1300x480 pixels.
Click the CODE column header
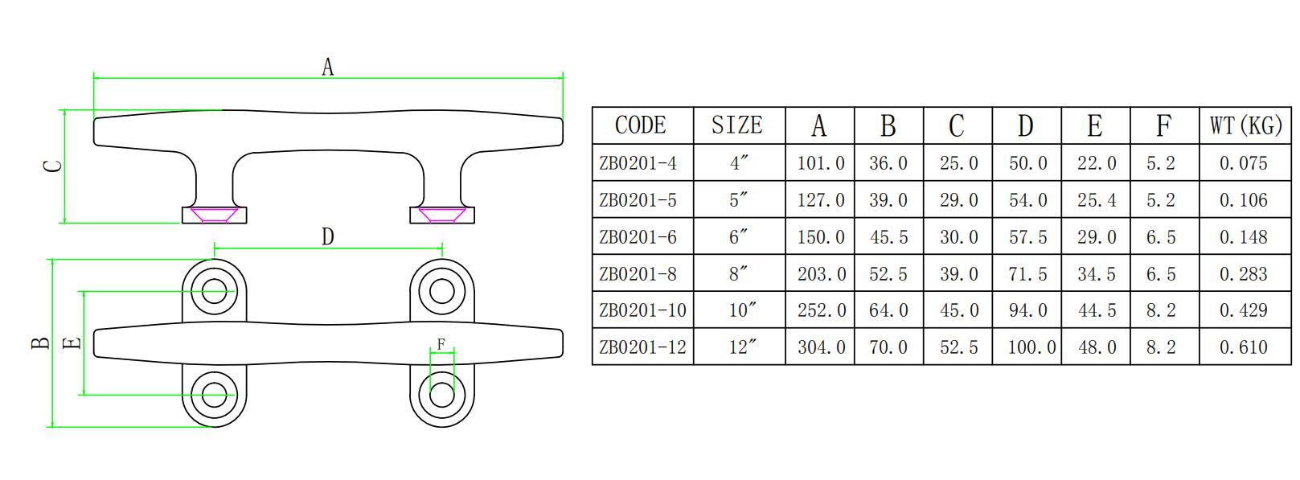click(x=641, y=125)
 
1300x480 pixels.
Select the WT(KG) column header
click(x=1245, y=125)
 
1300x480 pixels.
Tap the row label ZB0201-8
click(x=638, y=273)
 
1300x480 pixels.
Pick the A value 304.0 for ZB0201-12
click(x=821, y=347)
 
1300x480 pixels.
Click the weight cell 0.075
click(x=1243, y=163)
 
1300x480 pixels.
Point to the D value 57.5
click(x=1027, y=237)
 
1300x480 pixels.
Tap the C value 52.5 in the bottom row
click(x=958, y=347)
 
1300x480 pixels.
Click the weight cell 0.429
click(x=1243, y=310)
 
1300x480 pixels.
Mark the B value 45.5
click(x=888, y=237)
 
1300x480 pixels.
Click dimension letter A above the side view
click(x=327, y=67)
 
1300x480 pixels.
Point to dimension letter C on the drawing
click(x=52, y=166)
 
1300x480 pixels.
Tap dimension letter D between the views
click(x=327, y=236)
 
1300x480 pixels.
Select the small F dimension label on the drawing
click(x=441, y=344)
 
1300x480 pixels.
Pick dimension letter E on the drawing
click(x=72, y=343)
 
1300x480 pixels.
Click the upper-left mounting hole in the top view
click(x=215, y=290)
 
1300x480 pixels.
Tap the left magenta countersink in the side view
click(x=214, y=215)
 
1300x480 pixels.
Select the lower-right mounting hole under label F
click(x=442, y=395)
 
